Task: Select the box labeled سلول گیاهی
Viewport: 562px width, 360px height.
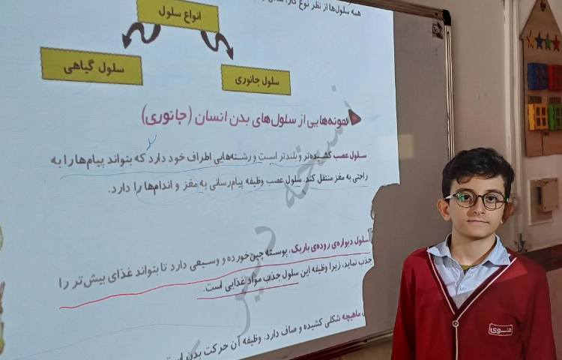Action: (x=91, y=66)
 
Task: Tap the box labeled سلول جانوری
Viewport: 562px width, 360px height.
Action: (x=256, y=79)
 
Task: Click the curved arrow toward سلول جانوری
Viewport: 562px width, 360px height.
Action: (x=217, y=43)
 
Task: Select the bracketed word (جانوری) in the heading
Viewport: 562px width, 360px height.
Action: (x=166, y=115)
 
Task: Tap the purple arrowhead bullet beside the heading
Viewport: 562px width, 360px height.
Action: (x=353, y=116)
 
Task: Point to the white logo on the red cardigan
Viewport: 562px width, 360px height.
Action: (x=500, y=328)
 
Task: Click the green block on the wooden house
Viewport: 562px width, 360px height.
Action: (x=555, y=115)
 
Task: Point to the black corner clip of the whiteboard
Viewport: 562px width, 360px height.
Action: (x=438, y=29)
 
